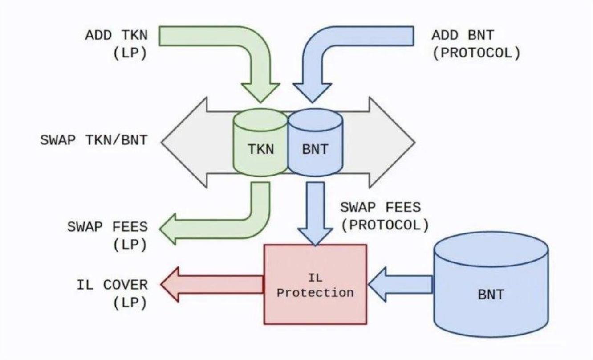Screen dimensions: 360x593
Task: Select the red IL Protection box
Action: (x=315, y=284)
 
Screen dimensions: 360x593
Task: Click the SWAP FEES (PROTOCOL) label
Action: (x=385, y=216)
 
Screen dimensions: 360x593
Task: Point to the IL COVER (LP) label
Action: (x=112, y=293)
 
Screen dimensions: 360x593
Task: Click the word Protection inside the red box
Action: (x=315, y=293)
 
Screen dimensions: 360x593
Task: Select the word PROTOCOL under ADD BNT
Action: (x=475, y=53)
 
